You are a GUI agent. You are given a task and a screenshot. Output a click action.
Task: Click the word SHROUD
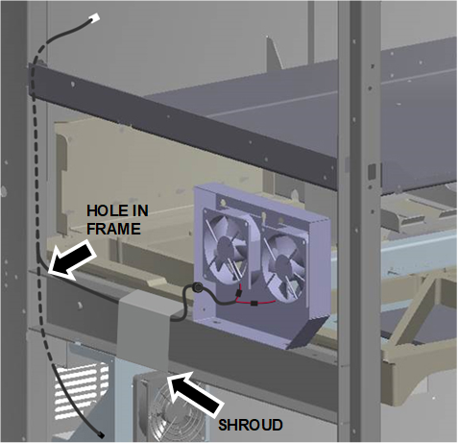251,425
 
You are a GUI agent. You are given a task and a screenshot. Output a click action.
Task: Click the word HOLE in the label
104,210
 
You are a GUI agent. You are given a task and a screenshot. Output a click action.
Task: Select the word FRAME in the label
113,229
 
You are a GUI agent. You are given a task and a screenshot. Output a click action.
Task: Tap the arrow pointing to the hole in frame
72,260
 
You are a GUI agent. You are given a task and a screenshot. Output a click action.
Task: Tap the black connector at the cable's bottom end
101,434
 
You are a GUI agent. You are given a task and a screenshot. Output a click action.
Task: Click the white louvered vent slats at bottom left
81,391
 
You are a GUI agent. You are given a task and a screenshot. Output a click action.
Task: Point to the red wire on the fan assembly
256,301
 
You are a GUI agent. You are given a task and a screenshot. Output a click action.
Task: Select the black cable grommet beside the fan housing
196,287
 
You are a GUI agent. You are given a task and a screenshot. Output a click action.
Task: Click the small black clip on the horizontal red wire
254,303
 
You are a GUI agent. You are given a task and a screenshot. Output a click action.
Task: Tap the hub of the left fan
225,247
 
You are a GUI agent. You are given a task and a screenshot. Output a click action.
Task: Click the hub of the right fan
282,265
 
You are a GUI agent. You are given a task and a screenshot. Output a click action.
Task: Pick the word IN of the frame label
137,210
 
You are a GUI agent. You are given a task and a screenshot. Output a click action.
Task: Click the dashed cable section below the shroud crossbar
45,343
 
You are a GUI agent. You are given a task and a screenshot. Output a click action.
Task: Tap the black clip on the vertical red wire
238,293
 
